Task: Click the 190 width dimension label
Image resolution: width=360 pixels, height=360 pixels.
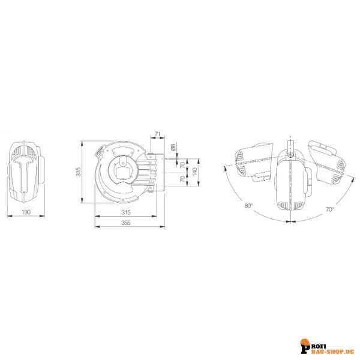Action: pyautogui.click(x=26, y=212)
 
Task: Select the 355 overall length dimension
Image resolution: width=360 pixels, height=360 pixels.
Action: pyautogui.click(x=126, y=223)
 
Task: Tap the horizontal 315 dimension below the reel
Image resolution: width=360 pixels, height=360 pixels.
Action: pyautogui.click(x=126, y=212)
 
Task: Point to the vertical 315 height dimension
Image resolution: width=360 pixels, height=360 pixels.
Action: pyautogui.click(x=79, y=172)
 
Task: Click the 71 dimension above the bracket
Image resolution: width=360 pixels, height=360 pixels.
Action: pyautogui.click(x=157, y=134)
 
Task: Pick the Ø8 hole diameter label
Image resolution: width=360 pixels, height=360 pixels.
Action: pyautogui.click(x=173, y=148)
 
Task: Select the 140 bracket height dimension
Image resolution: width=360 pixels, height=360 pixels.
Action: pyautogui.click(x=194, y=172)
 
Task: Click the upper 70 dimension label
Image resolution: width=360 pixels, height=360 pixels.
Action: pyautogui.click(x=182, y=165)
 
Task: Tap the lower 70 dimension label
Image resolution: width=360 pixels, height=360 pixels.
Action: pyautogui.click(x=182, y=179)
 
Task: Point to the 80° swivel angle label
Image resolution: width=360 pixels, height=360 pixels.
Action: pyautogui.click(x=248, y=205)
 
